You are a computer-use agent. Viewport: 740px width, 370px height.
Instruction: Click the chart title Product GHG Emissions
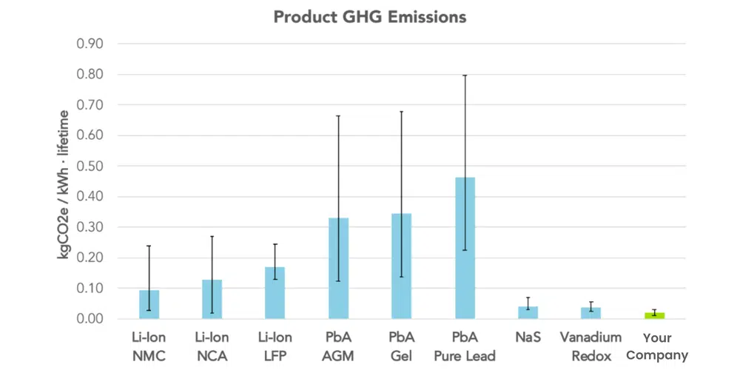370,16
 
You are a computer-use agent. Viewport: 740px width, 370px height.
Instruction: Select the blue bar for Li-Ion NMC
149,304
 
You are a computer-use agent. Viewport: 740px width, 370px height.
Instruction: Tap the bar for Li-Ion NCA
212,299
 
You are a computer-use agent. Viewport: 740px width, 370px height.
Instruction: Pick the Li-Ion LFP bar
275,293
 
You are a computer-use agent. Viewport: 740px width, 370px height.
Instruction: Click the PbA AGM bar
338,268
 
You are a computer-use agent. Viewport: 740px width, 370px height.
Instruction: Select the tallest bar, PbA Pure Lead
465,248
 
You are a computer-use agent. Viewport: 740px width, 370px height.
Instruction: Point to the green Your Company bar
654,315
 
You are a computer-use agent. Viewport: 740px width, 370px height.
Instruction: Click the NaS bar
528,312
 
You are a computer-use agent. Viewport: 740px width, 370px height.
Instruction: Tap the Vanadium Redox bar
591,313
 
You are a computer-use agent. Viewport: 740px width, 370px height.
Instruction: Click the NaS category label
528,338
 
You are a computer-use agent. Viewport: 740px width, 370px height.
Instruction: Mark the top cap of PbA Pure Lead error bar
465,75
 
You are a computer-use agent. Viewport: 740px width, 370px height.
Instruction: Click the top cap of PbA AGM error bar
338,116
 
